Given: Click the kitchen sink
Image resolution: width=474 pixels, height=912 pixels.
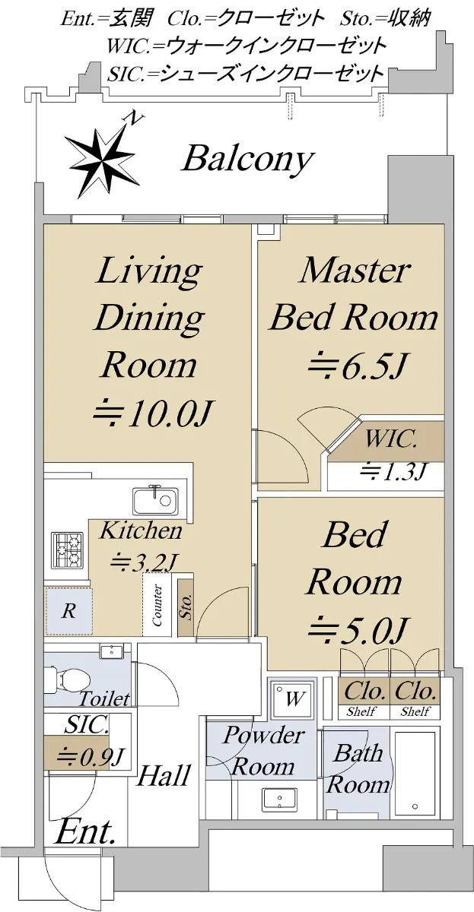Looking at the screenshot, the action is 155,501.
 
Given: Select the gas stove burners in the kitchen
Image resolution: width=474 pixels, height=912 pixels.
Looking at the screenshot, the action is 67,549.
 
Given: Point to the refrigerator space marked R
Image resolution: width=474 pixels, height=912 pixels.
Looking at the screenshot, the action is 69,611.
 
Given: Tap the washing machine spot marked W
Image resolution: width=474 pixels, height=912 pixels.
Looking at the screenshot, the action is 293,698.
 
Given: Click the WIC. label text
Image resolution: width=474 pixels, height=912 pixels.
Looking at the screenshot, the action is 391,440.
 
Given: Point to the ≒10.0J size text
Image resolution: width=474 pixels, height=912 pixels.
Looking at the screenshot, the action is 151,413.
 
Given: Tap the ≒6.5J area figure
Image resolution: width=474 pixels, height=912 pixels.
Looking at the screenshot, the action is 356,365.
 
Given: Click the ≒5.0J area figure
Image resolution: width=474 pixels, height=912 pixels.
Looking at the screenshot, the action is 357,631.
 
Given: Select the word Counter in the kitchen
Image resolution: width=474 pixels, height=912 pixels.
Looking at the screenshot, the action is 157,605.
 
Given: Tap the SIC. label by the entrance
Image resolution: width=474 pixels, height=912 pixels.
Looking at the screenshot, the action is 87,725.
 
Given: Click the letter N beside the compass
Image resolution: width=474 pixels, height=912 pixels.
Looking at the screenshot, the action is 135,118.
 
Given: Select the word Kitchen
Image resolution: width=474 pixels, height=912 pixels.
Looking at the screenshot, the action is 141,530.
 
